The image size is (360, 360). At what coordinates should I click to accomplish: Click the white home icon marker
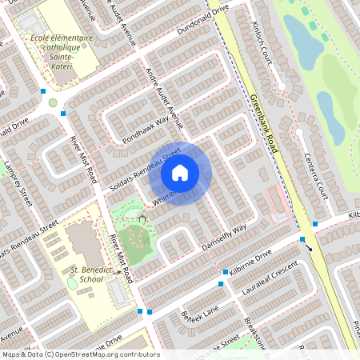tap(180, 172)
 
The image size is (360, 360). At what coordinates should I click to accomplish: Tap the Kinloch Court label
tap(264, 19)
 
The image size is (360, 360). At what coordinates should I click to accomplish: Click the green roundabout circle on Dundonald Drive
tap(53, 102)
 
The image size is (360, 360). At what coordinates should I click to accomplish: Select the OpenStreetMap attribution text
tap(80, 354)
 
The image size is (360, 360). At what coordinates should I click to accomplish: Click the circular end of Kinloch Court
tap(282, 86)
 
